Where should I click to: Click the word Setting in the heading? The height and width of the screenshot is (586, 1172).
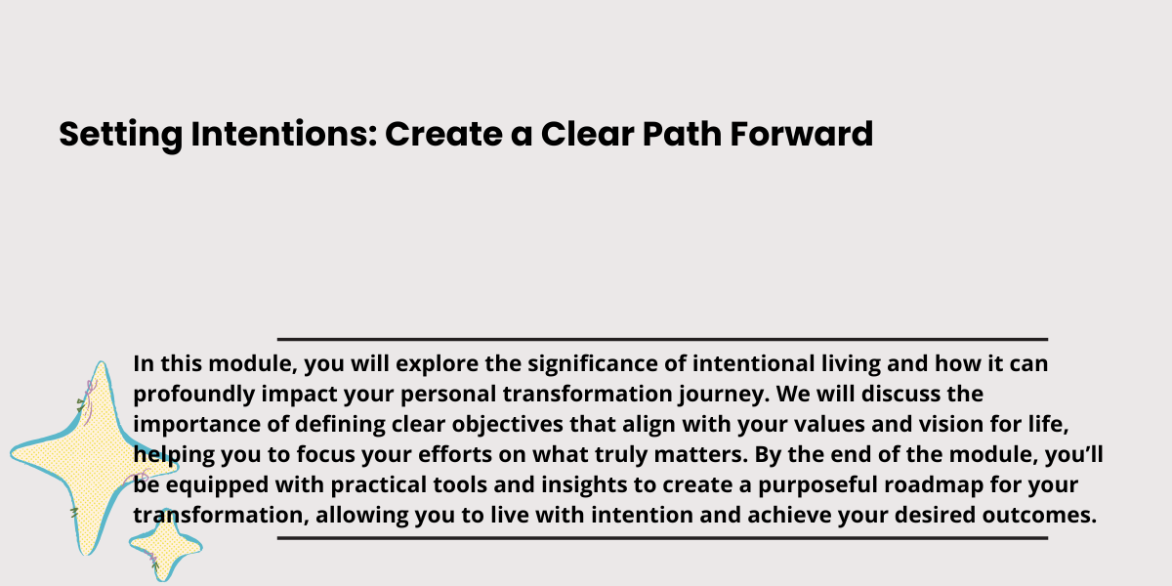[121, 135]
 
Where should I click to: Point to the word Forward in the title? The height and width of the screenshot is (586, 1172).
[802, 134]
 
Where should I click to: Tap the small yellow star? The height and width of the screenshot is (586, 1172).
[165, 545]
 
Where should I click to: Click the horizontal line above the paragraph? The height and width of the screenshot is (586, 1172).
[662, 340]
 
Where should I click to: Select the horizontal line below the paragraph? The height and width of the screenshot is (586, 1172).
[662, 538]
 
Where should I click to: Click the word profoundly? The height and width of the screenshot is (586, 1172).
[194, 395]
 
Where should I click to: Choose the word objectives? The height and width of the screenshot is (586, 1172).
[508, 425]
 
